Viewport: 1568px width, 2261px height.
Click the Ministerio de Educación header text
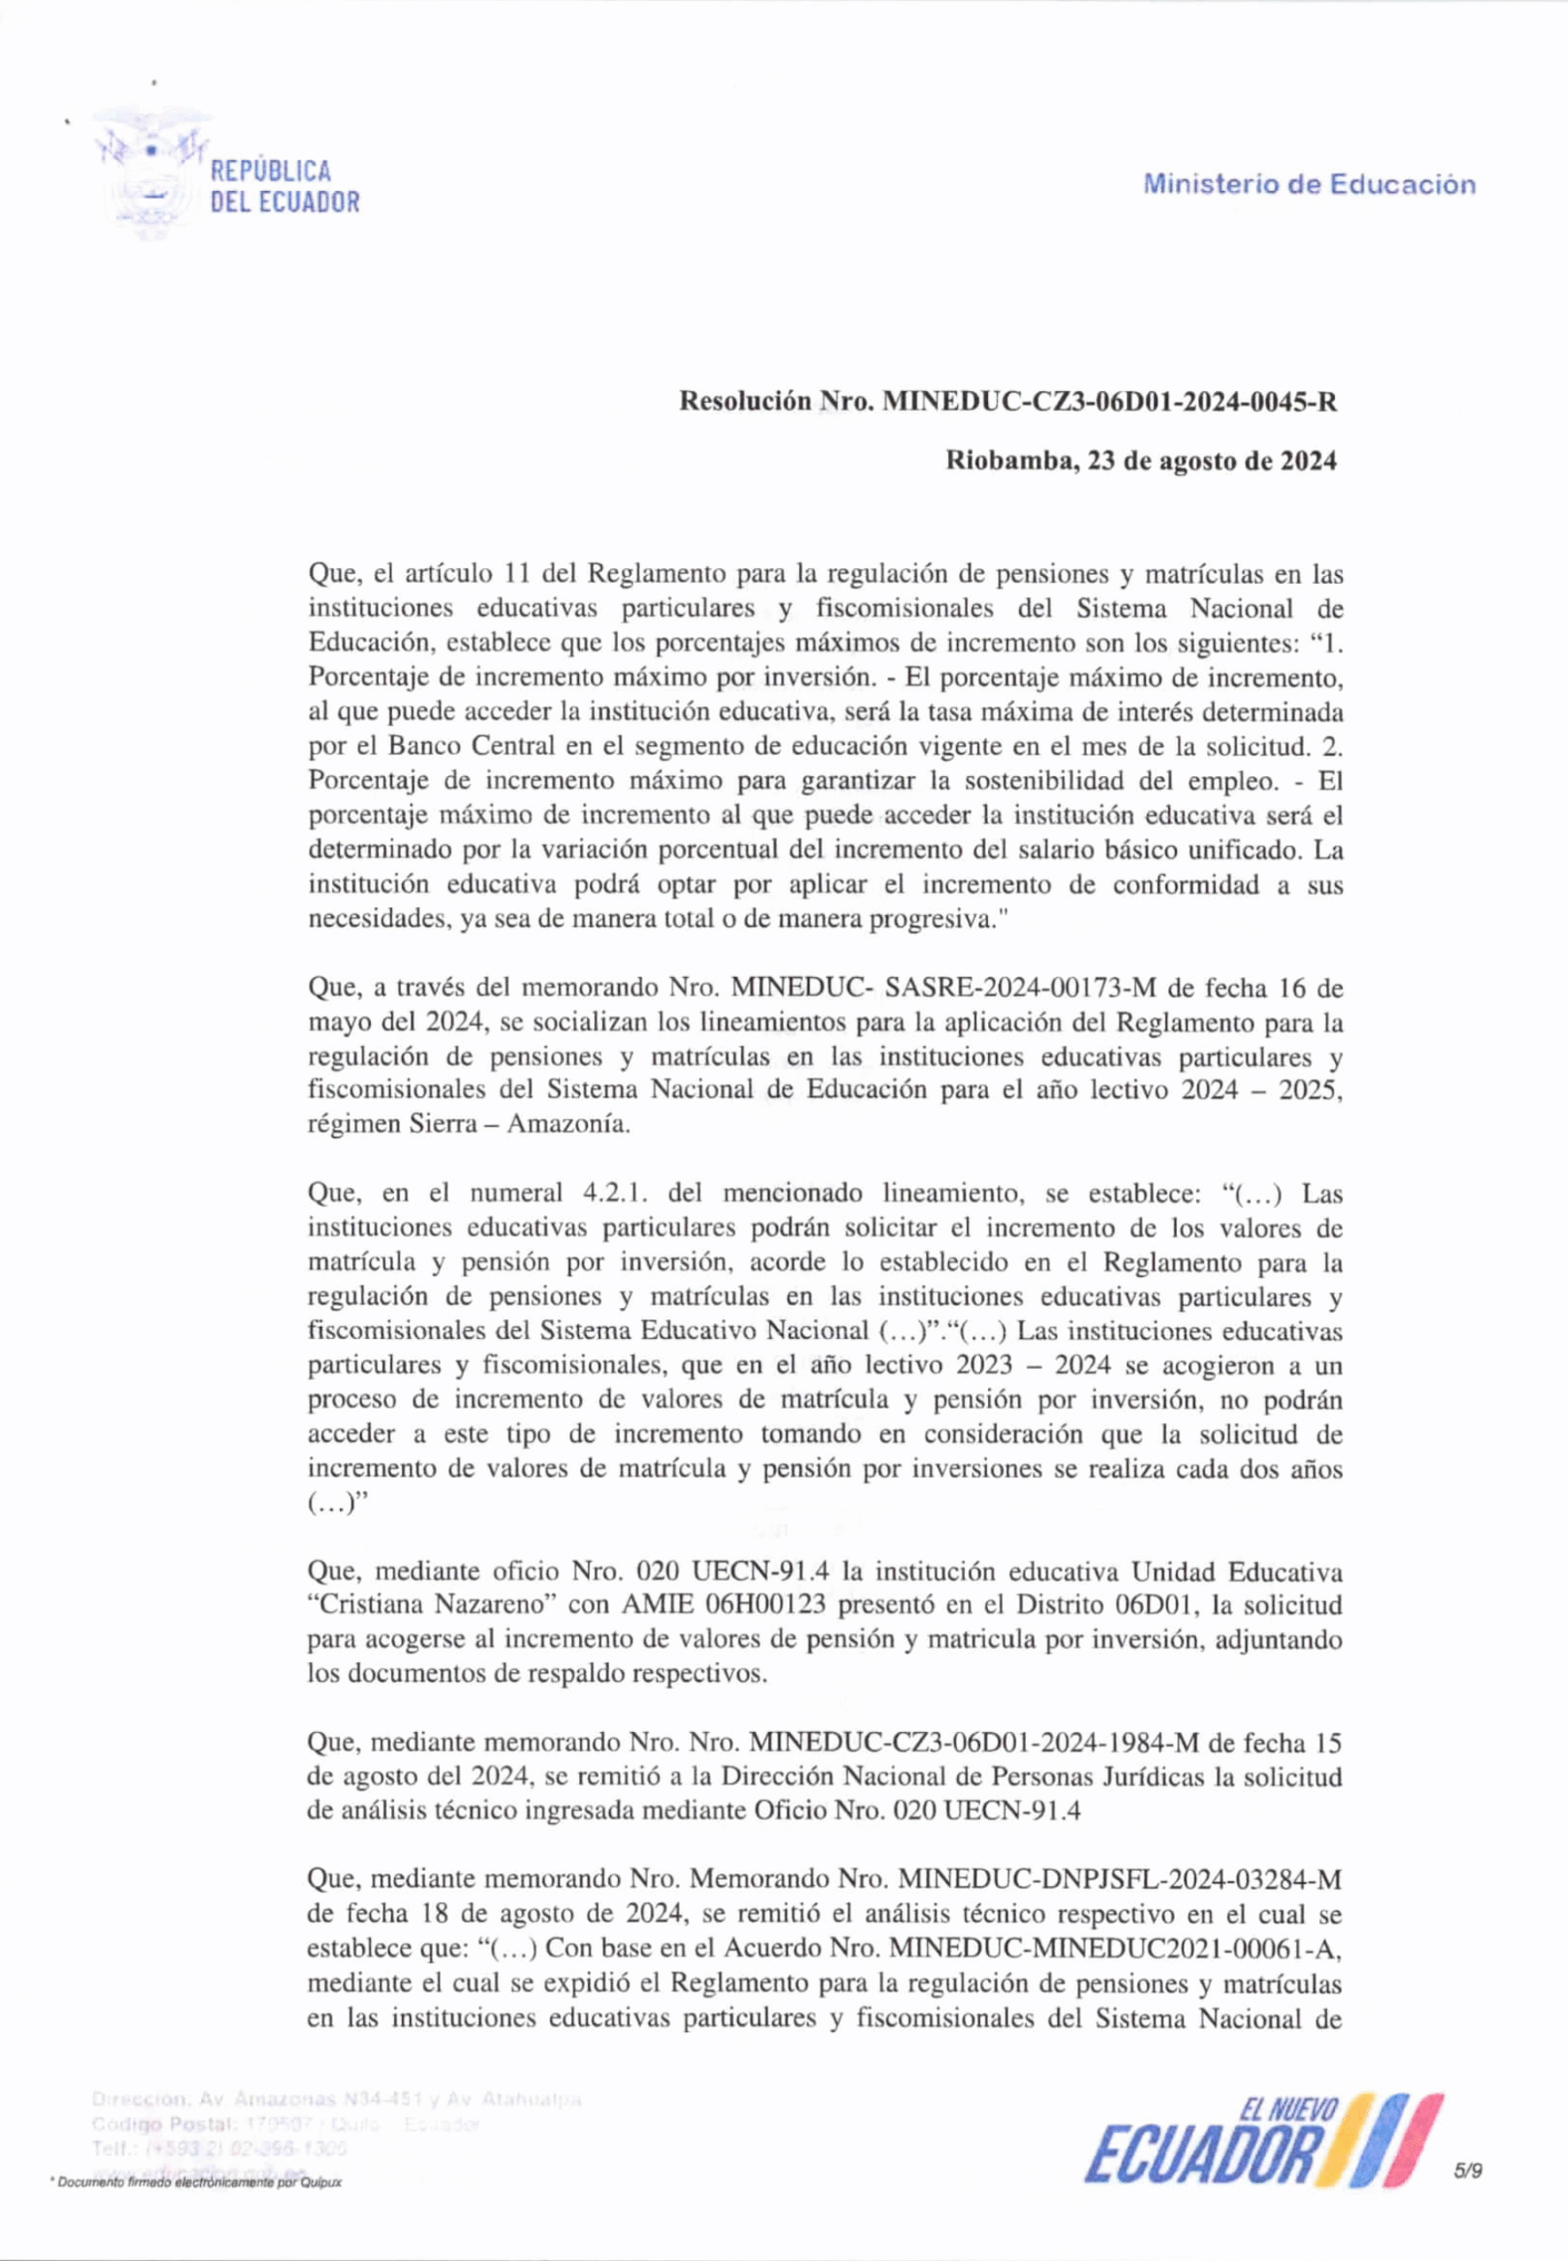point(1308,185)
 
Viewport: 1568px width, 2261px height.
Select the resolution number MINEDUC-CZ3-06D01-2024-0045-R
point(1110,402)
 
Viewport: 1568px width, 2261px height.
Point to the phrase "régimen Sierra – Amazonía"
point(468,1124)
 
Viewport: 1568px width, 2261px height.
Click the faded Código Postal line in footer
point(285,2124)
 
